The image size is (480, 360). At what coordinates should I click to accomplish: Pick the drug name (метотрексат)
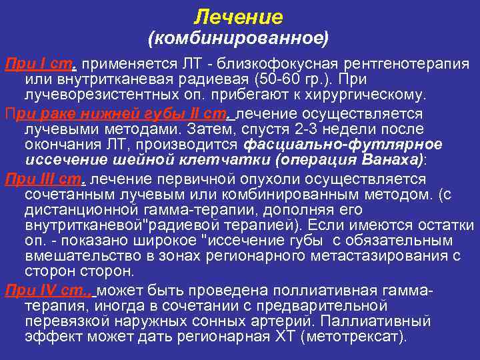coord(353,337)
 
